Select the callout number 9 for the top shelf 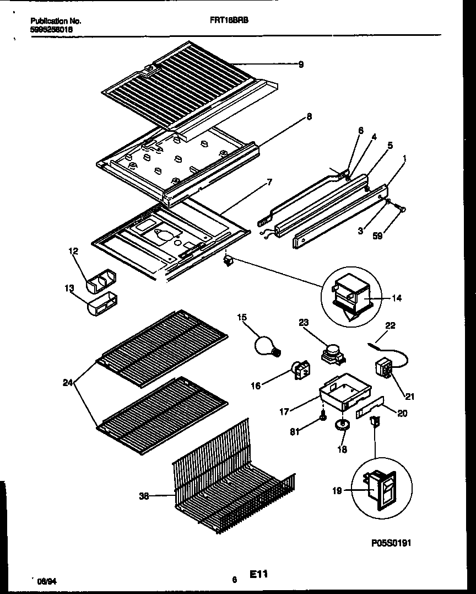[301, 65]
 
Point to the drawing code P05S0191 [391, 543]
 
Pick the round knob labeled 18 [345, 424]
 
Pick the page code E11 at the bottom [259, 575]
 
